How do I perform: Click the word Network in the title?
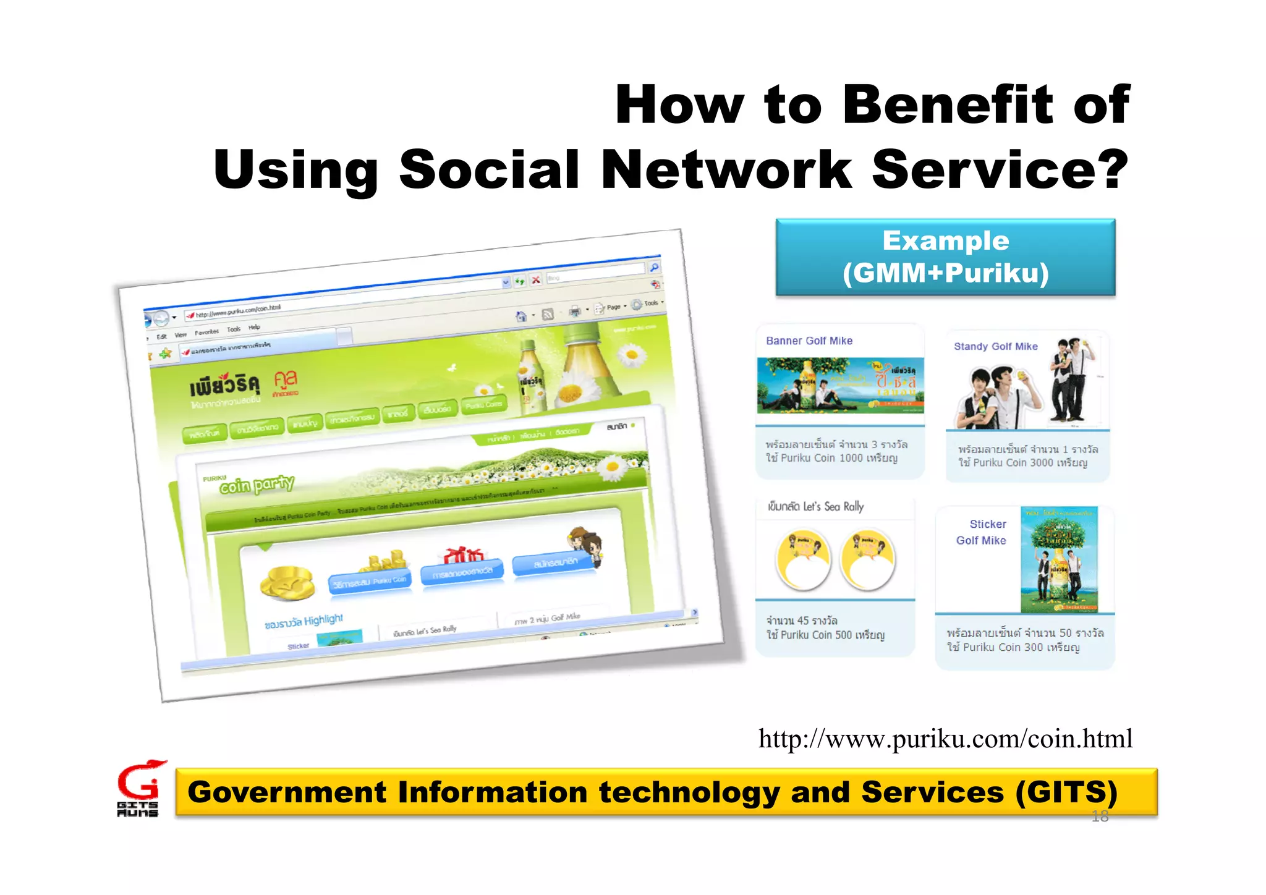pos(726,169)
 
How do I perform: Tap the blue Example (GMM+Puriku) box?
pos(945,257)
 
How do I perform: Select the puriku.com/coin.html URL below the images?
pos(945,738)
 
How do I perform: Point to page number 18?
pos(1100,817)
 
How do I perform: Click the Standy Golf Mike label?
pos(995,346)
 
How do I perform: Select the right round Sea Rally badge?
pos(868,559)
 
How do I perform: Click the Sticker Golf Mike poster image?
pos(1059,559)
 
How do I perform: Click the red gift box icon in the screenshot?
pos(464,555)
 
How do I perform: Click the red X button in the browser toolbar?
pos(535,280)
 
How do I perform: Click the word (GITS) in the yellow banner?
pos(1066,792)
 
